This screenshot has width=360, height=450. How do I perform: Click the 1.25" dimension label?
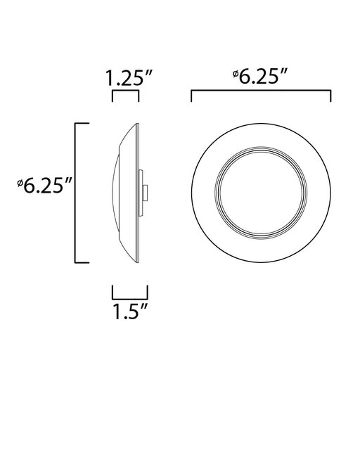pos(129,78)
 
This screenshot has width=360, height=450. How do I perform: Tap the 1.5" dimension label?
pos(130,311)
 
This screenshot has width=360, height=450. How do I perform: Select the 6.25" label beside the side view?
pos(44,186)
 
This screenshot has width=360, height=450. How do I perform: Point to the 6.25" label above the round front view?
pos(260,77)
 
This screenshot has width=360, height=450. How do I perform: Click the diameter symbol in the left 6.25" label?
pos(20,183)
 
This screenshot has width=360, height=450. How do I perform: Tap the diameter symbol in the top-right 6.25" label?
pos(236,73)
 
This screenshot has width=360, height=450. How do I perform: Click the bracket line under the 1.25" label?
pos(125,91)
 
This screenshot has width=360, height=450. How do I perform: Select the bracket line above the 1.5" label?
pos(130,298)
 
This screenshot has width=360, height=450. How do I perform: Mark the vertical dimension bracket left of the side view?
pos(75,193)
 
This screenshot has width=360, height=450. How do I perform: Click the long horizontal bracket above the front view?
pos(261,91)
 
